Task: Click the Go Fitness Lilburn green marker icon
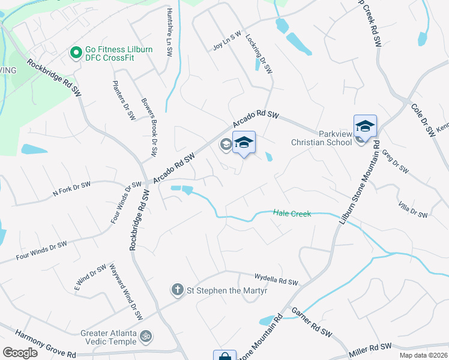click(x=76, y=53)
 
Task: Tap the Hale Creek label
click(x=292, y=213)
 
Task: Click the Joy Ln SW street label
click(x=227, y=42)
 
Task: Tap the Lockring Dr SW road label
click(x=259, y=54)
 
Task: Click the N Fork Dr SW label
click(x=71, y=189)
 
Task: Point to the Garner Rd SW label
click(x=312, y=322)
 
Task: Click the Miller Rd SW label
click(x=370, y=348)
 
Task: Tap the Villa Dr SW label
click(x=412, y=210)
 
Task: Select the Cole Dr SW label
click(x=423, y=120)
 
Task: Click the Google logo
click(x=20, y=352)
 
